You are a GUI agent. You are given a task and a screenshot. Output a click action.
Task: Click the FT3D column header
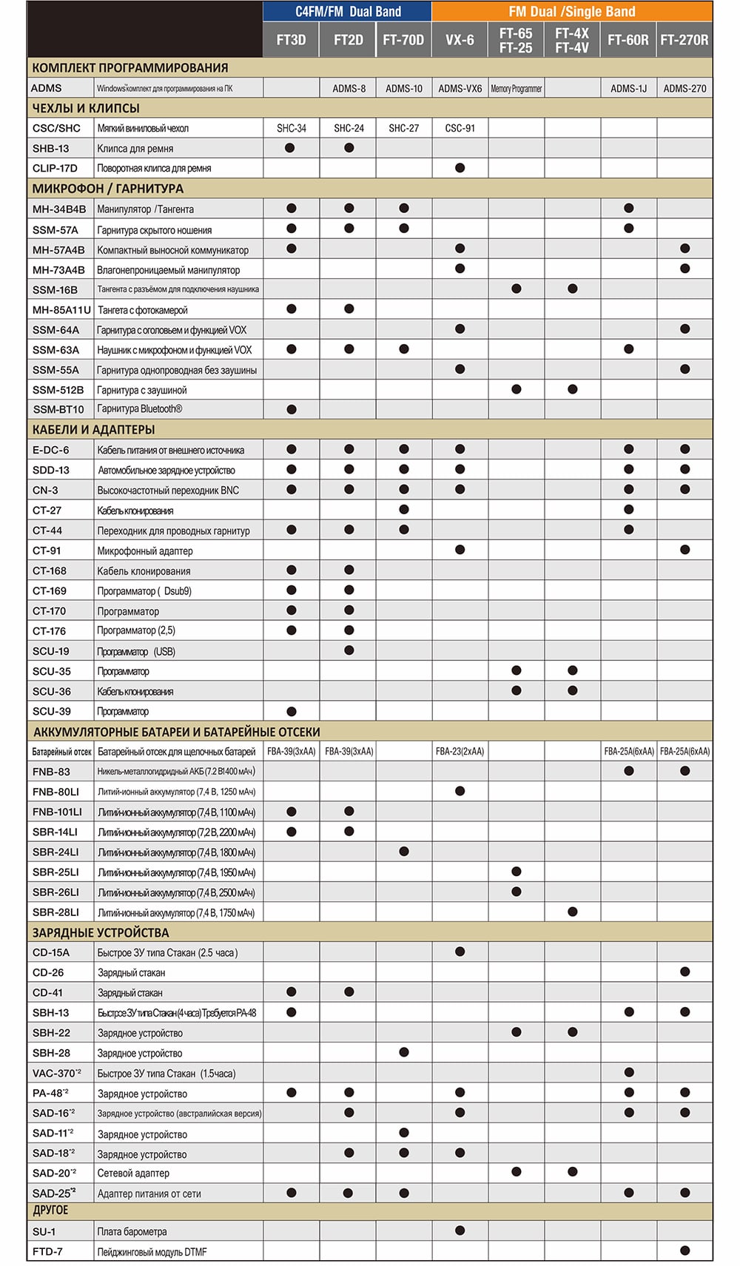coord(291,40)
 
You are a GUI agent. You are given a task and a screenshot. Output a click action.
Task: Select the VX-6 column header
coord(460,40)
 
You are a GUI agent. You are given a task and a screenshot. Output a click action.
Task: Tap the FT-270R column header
coord(684,40)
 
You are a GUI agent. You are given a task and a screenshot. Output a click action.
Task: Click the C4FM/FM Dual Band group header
coord(348,11)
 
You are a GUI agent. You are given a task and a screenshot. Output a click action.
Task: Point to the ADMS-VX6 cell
coord(460,88)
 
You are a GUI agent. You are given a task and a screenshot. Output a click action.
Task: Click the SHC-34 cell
coord(292,128)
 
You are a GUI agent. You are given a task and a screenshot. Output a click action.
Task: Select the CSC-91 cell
coord(460,128)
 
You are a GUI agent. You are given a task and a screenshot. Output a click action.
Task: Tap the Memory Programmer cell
coord(516,88)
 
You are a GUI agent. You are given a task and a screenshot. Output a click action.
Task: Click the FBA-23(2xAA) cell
coord(460,751)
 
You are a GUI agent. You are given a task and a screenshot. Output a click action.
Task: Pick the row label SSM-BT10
coord(58,409)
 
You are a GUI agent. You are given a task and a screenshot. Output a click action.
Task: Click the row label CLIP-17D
coord(55,168)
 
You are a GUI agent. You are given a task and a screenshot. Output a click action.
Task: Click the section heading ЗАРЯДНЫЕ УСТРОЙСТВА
coord(101,932)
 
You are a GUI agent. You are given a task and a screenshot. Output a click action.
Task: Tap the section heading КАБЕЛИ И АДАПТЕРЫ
coord(93,429)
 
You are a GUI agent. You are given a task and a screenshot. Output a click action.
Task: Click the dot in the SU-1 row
coord(460,1230)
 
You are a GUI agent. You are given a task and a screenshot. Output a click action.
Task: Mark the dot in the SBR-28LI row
coord(572,912)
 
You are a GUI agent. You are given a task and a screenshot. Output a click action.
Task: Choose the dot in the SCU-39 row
coord(292,711)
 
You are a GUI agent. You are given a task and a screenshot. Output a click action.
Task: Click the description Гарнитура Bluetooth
coord(140,409)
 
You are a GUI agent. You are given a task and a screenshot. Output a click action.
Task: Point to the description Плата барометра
coord(132,1232)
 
